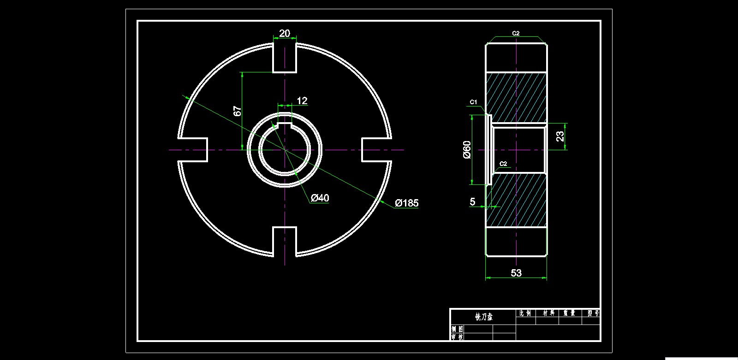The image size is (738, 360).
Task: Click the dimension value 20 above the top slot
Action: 285,33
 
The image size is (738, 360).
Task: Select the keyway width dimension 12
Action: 302,101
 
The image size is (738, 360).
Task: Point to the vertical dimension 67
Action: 238,111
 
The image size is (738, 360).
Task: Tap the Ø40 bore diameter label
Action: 320,198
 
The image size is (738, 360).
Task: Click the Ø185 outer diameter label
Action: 406,203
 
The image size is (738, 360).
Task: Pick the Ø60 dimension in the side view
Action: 467,150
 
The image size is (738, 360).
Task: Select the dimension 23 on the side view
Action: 560,136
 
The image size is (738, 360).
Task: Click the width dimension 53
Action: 516,273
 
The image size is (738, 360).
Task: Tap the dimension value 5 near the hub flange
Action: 472,201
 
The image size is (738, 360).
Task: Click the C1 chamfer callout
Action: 473,101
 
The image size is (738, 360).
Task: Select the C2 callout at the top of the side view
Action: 516,33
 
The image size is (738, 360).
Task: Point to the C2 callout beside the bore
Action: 504,164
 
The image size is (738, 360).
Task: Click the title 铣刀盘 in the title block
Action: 484,317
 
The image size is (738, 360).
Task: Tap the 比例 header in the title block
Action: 525,313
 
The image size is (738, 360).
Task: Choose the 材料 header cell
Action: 548,313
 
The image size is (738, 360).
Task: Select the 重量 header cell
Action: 570,313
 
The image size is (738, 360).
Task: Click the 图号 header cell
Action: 593,313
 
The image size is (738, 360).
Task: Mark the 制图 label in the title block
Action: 457,329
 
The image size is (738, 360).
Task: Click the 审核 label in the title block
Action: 457,337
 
